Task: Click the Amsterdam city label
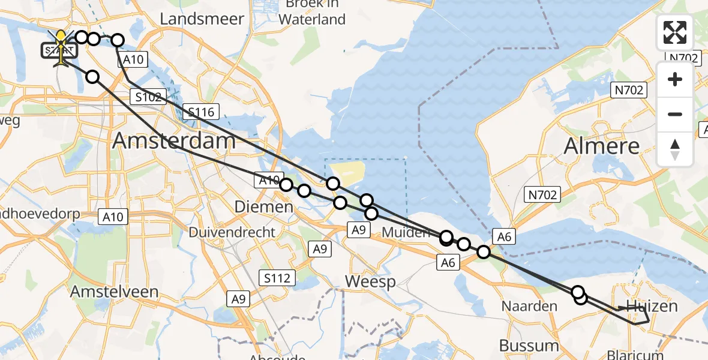[174, 142]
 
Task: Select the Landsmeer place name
[202, 19]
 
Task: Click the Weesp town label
[371, 282]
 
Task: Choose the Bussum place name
[529, 346]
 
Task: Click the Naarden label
[530, 307]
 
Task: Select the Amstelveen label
[115, 292]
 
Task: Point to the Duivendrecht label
[232, 232]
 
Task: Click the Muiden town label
[406, 232]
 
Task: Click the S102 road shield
[148, 97]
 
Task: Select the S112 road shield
[278, 278]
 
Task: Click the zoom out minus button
[675, 114]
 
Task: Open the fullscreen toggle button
[675, 32]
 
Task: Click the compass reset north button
[675, 148]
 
